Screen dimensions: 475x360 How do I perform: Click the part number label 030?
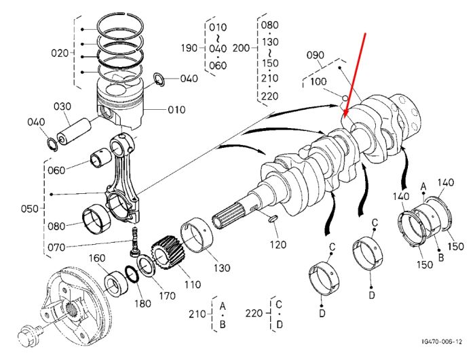coord(62,106)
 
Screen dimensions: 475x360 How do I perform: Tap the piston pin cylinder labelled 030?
coord(74,131)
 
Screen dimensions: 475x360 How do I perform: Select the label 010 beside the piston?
coord(176,110)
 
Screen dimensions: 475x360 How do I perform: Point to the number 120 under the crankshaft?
coord(278,244)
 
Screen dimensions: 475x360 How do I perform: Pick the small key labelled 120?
coord(273,218)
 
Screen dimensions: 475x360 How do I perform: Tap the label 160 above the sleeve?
coord(97,258)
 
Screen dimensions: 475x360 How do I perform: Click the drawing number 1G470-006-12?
coord(442,342)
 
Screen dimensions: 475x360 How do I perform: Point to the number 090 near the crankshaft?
coord(316,55)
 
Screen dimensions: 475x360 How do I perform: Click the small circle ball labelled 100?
coord(345,98)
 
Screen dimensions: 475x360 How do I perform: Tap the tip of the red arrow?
coord(343,119)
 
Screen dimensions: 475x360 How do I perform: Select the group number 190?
coord(189,48)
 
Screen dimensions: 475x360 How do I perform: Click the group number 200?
coord(241,48)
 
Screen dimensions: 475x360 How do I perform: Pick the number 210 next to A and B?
coord(197,314)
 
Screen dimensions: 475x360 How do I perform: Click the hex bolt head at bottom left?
coord(26,335)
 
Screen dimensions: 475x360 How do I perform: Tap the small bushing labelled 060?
coord(100,158)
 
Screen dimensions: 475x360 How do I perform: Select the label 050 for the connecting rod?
coord(30,209)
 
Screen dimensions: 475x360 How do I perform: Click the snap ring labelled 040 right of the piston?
coord(159,79)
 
